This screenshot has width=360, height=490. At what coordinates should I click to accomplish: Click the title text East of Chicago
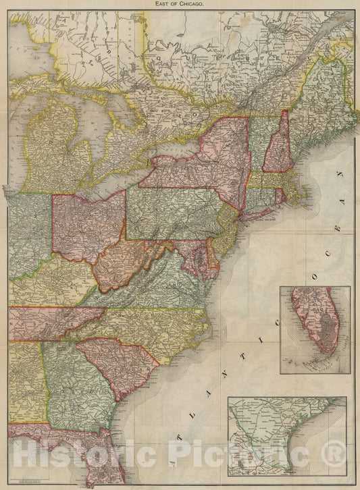tap(180, 4)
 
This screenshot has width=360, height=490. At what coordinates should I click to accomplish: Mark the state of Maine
tap(324, 101)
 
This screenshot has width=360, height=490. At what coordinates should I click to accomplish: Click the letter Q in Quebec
tap(157, 59)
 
